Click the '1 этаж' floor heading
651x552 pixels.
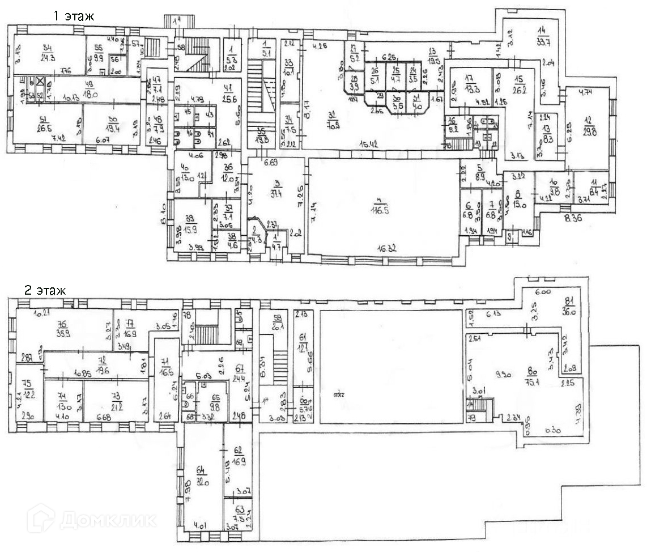click(73, 16)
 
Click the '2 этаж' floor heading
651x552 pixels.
click(45, 290)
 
